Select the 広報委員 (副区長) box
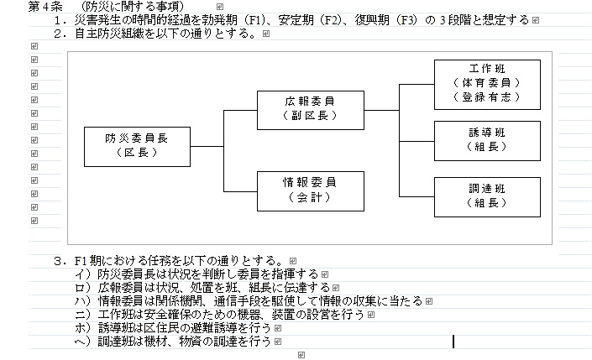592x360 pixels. [312, 109]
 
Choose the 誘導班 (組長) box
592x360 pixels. [487, 139]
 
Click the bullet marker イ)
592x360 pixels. [83, 274]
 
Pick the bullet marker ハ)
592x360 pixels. [83, 300]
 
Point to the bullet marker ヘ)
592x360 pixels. [83, 342]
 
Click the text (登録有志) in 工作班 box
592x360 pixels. [487, 97]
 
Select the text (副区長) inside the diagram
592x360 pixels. [312, 116]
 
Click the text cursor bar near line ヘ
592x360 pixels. [453, 342]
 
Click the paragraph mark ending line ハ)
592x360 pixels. [428, 301]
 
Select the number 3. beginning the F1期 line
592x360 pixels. [59, 260]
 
